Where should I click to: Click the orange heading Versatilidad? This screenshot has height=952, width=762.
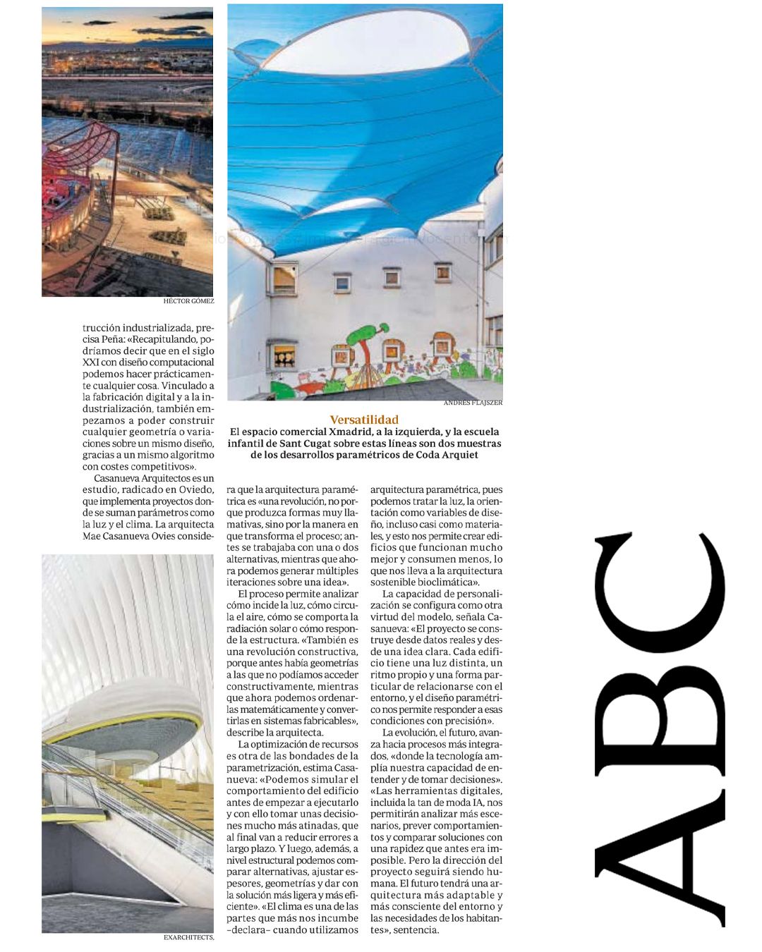(x=364, y=420)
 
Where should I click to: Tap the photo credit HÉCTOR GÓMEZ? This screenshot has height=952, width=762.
(x=188, y=301)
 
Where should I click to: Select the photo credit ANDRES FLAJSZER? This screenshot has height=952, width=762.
(x=473, y=403)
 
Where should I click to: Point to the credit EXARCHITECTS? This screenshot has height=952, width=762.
(x=188, y=938)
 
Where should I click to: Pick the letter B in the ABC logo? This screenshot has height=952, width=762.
(x=660, y=712)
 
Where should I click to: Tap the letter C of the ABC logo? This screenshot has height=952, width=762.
(x=660, y=592)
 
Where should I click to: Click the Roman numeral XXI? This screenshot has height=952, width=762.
(x=91, y=362)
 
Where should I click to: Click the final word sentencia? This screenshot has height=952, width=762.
(x=415, y=929)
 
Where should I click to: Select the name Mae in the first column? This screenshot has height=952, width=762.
(x=92, y=536)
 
